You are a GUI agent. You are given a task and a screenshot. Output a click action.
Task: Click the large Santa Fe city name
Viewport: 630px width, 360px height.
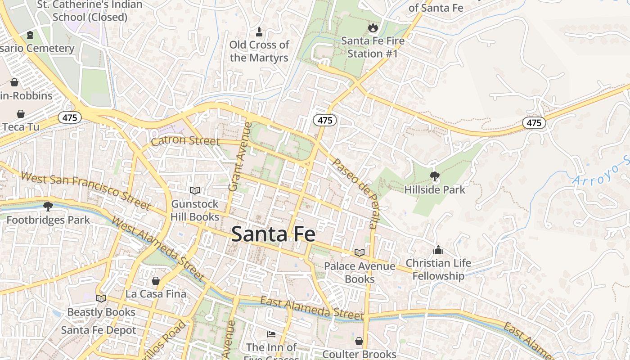[273, 234]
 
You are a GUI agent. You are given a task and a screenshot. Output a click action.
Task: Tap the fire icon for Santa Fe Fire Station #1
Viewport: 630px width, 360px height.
[373, 28]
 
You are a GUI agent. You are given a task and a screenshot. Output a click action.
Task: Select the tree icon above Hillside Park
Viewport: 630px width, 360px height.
[435, 176]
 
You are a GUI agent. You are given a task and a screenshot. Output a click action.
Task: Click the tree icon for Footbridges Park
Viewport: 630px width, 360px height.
[48, 207]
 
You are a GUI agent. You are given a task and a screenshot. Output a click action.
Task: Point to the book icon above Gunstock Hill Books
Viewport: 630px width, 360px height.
[194, 190]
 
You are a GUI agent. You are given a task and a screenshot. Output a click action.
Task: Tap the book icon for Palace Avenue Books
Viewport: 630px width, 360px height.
[359, 252]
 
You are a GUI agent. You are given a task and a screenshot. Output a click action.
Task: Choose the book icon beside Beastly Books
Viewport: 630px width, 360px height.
[101, 298]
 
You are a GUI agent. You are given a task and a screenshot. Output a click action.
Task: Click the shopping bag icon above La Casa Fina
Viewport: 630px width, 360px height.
[156, 281]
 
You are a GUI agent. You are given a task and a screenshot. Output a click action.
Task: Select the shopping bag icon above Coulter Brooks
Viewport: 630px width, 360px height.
[359, 341]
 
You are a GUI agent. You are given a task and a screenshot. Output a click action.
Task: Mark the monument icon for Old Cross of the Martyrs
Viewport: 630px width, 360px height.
[259, 31]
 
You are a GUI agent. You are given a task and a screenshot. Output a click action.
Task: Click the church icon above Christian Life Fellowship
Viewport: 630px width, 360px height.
[438, 250]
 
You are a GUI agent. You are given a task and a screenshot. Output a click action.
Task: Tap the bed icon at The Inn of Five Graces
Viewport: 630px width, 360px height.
[271, 334]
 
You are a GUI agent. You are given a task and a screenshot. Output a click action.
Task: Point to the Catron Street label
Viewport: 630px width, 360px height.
[185, 141]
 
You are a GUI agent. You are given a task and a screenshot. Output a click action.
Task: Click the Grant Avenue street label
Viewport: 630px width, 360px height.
[239, 157]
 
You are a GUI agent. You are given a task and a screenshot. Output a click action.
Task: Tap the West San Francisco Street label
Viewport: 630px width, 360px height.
[85, 191]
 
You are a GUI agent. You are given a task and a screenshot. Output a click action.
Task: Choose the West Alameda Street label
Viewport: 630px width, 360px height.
[157, 248]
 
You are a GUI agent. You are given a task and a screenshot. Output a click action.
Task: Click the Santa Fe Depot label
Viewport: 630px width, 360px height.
[99, 330]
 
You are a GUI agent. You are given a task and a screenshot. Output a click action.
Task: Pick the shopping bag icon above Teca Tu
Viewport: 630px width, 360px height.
[21, 113]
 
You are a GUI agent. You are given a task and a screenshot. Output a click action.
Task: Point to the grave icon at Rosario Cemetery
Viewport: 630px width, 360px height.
[30, 35]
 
